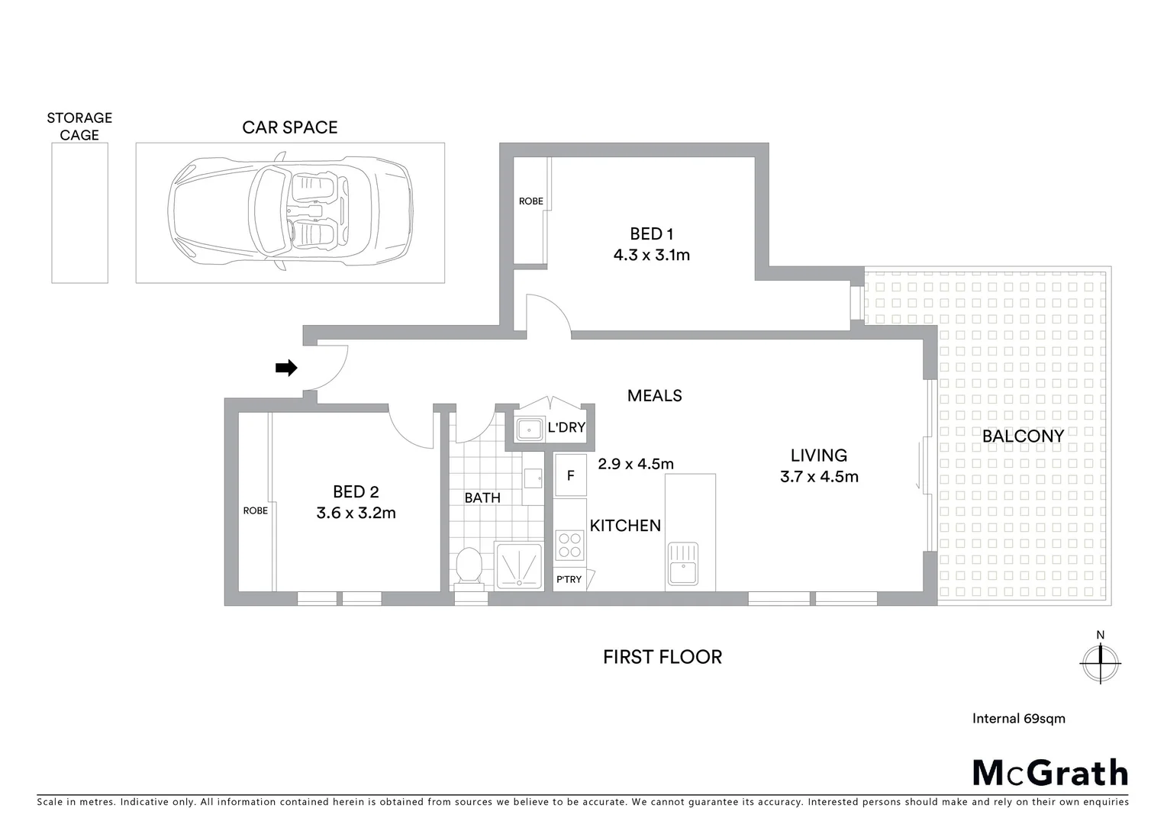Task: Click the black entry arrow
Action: coord(286,369)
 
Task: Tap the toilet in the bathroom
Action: coord(468,568)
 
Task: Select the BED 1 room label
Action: coord(651,233)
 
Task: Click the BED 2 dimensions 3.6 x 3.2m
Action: coord(356,513)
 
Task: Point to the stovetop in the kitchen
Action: coord(569,545)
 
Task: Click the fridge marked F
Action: coord(569,475)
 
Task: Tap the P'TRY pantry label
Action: coord(569,579)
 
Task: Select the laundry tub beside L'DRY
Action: coord(528,429)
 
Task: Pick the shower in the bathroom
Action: coord(519,567)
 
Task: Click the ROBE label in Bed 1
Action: coord(530,201)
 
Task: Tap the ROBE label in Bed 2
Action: coord(255,510)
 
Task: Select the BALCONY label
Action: coord(1023,436)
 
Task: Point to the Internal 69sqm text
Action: coord(1018,718)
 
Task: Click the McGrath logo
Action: coord(1049,773)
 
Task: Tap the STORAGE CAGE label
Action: coord(79,127)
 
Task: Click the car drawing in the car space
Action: coord(290,212)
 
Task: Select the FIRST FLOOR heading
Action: coord(662,657)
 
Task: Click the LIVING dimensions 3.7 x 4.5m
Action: coord(818,477)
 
